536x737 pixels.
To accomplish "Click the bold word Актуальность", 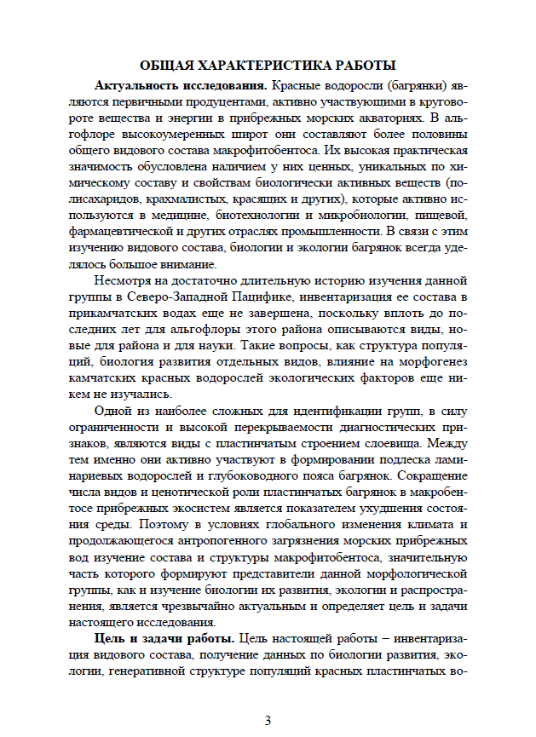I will tap(139, 86).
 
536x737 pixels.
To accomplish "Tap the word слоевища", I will tap(395, 444).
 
